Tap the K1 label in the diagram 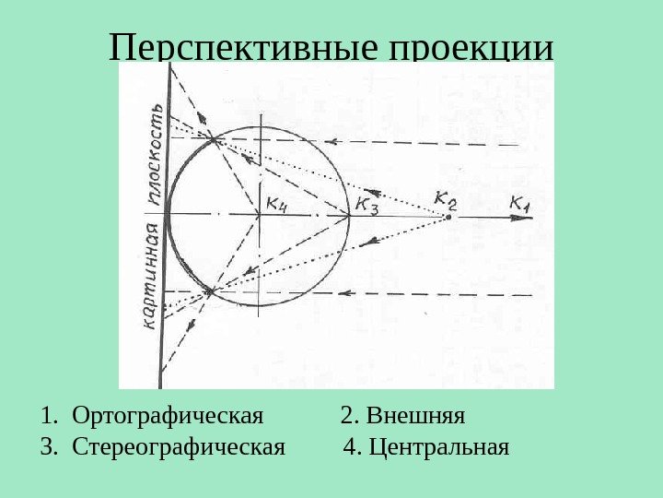pyautogui.click(x=521, y=203)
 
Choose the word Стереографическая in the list pyautogui.click(x=179, y=448)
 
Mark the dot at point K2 pyautogui.click(x=448, y=217)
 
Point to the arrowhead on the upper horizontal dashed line pyautogui.click(x=335, y=142)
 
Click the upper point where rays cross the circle pyautogui.click(x=214, y=140)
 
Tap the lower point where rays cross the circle pyautogui.click(x=210, y=291)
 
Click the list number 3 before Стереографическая pyautogui.click(x=46, y=448)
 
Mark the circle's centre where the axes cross pyautogui.click(x=261, y=216)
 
